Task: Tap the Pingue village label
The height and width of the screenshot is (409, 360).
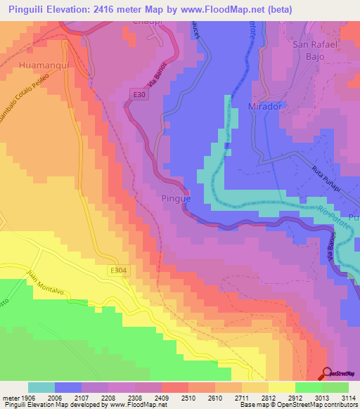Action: click(176, 199)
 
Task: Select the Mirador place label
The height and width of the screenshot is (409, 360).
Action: click(264, 106)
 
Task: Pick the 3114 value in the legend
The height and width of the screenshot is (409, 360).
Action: click(346, 398)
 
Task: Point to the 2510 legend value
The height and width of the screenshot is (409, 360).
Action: click(175, 398)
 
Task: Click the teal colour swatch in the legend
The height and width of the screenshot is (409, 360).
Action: click(41, 387)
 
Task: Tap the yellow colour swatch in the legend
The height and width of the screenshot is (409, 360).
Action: click(282, 387)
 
